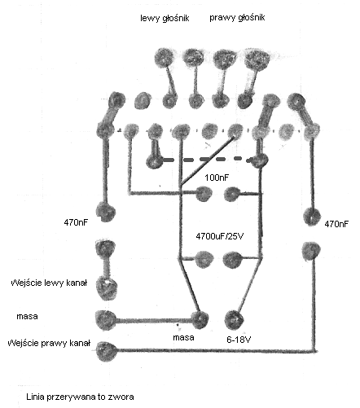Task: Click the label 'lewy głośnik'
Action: [x=165, y=19]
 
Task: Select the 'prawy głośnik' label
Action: [x=237, y=18]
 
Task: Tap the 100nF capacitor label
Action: [x=217, y=178]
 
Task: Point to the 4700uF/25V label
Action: [x=220, y=236]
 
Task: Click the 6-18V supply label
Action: [x=239, y=340]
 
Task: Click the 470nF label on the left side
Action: [x=77, y=222]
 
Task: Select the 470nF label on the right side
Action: [x=336, y=224]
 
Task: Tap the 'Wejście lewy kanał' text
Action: [x=49, y=283]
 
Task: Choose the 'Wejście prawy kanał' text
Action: [x=49, y=343]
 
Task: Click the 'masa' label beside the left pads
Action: [x=27, y=316]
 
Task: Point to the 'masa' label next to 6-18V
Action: [x=183, y=337]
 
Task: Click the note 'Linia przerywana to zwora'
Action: [x=80, y=397]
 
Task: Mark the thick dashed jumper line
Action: [x=207, y=160]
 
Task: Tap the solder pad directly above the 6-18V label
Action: [x=234, y=319]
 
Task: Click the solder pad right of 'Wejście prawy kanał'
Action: [x=106, y=351]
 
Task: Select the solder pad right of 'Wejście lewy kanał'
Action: [x=107, y=287]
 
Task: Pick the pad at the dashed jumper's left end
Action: [x=153, y=162]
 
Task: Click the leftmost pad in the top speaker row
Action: [x=164, y=58]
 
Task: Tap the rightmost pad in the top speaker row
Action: [x=257, y=59]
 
